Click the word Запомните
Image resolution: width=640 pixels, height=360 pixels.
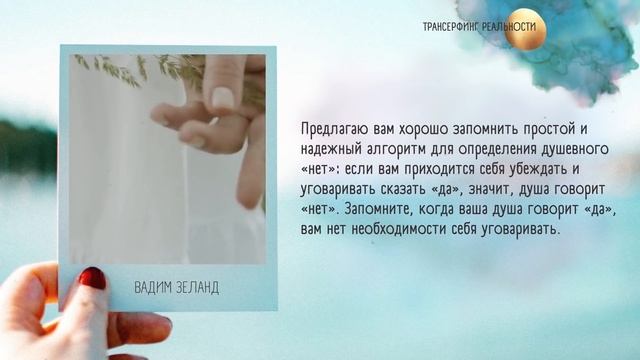pos(377,210)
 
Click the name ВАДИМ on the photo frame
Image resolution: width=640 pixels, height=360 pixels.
pos(153,288)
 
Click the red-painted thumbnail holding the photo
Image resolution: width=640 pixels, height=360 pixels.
pos(92,277)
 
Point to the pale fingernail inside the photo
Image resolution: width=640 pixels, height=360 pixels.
pos(222,97)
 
